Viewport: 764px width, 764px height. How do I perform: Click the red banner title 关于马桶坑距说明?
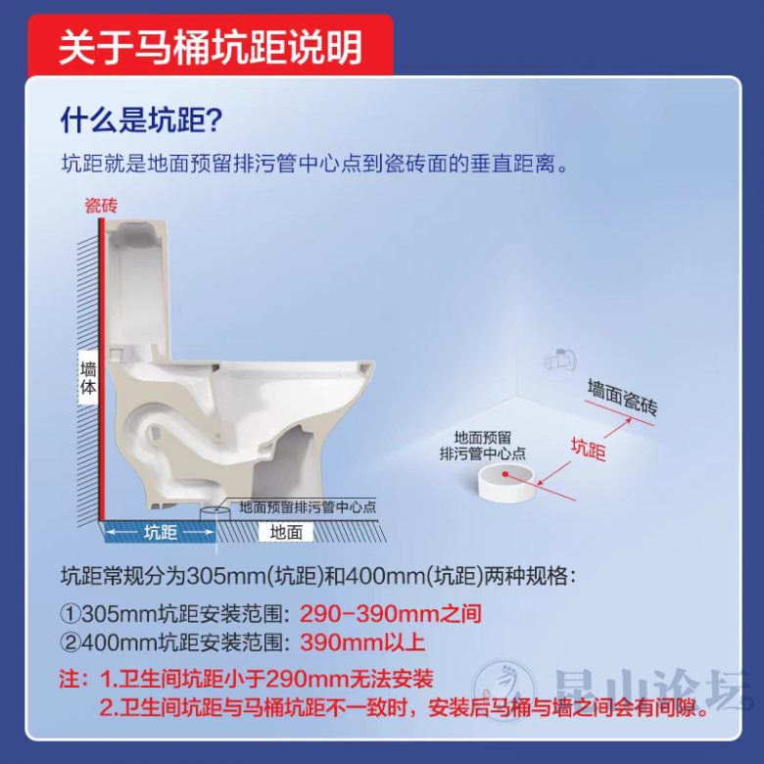[211, 47]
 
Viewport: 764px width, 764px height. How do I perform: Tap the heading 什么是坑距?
[141, 119]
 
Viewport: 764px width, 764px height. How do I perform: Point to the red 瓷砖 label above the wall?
[101, 206]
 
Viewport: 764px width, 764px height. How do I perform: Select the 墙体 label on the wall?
[88, 378]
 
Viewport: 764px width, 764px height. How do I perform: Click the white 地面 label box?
[286, 532]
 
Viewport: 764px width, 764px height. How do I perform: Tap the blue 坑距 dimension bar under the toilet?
[160, 532]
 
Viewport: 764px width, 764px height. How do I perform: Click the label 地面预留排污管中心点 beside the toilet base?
[308, 507]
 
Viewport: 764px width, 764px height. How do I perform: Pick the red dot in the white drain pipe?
[505, 474]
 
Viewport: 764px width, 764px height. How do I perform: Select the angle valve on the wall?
[560, 360]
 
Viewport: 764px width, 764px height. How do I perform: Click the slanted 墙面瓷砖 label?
[622, 398]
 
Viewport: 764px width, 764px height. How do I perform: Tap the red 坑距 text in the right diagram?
[589, 449]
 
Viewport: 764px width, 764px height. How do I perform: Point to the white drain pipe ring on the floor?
[506, 482]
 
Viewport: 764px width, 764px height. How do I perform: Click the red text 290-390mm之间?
[390, 613]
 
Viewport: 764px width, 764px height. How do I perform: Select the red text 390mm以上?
[362, 643]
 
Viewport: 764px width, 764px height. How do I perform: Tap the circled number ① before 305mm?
[71, 614]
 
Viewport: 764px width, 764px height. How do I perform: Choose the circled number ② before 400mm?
[71, 643]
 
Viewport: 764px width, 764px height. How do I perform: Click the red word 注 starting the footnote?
[69, 679]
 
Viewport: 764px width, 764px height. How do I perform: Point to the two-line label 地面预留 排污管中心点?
[482, 446]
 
